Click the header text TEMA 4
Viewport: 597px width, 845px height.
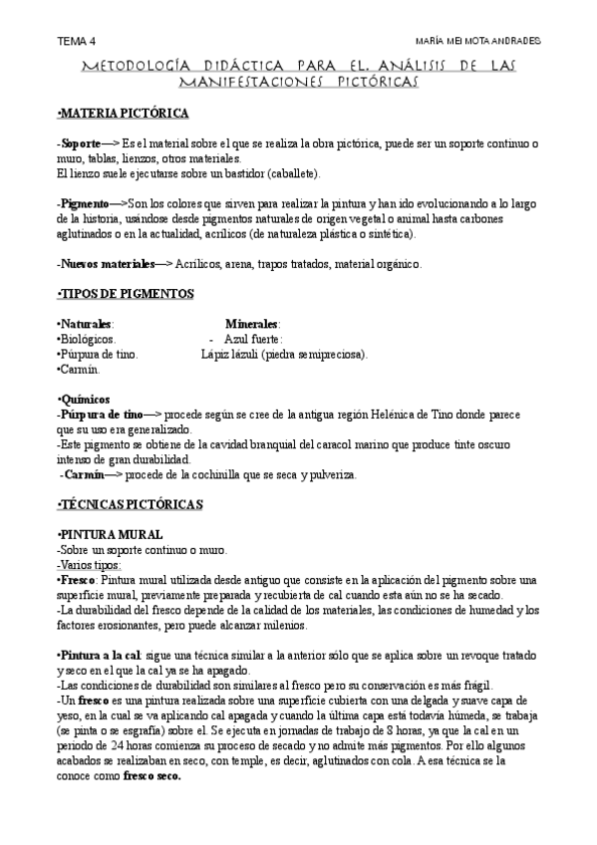(x=77, y=41)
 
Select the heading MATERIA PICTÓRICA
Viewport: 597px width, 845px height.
(x=123, y=114)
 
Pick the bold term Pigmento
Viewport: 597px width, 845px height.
(x=85, y=203)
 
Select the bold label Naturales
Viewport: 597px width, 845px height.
(x=87, y=324)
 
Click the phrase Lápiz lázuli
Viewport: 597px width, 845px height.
(x=229, y=354)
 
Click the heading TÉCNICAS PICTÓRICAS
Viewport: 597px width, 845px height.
(x=130, y=505)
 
